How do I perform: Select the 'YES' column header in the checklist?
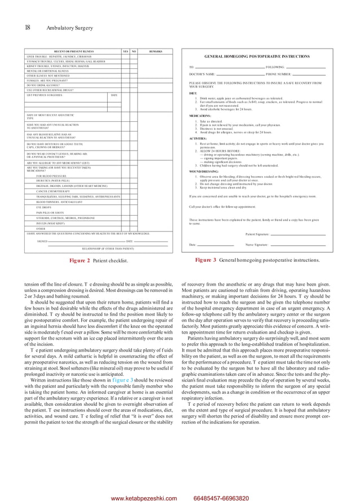tap(125, 51)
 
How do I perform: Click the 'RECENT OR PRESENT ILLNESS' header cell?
tap(73, 51)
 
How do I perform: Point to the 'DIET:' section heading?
tap(193, 93)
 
